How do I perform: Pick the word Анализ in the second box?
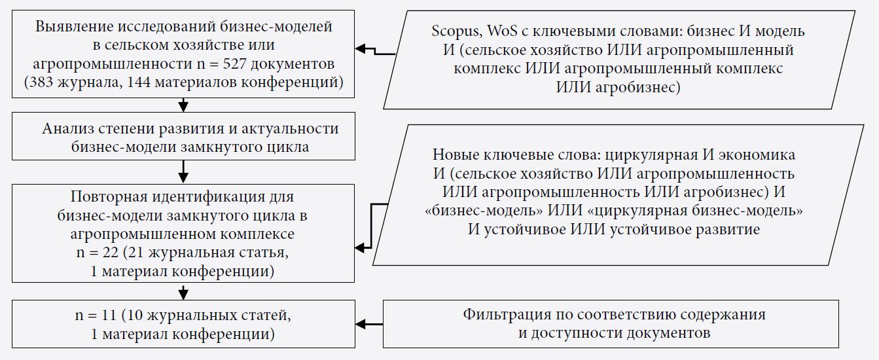click(x=67, y=128)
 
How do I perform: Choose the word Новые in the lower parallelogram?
click(x=453, y=156)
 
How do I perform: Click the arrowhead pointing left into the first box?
click(x=360, y=48)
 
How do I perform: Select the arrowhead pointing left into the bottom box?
click(x=360, y=324)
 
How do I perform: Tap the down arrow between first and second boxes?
click(x=183, y=105)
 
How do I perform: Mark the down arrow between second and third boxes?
click(x=183, y=175)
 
